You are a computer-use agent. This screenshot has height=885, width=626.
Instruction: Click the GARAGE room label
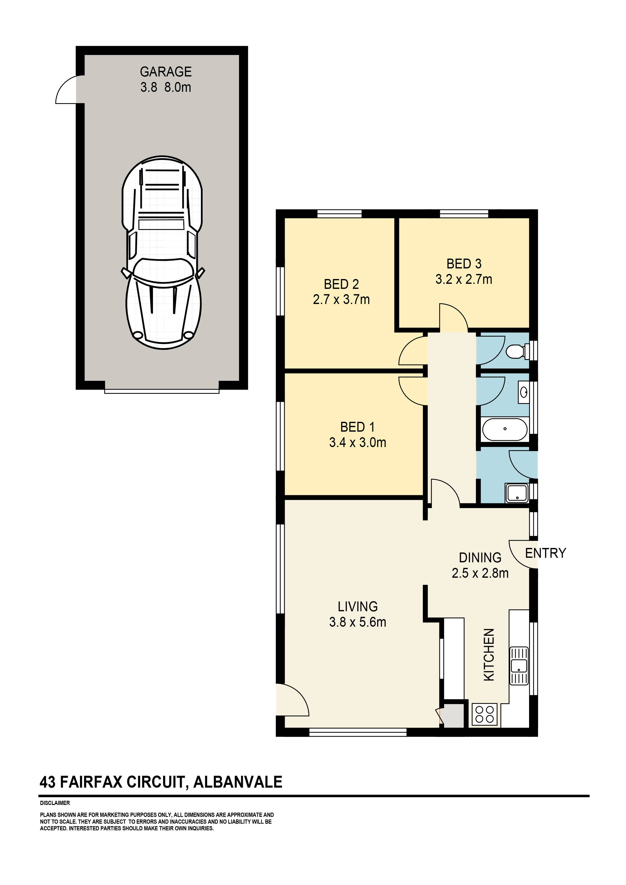click(x=166, y=72)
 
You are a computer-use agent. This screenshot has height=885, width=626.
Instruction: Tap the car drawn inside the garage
click(x=162, y=253)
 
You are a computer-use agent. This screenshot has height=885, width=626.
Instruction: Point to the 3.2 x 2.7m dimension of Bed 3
click(x=464, y=279)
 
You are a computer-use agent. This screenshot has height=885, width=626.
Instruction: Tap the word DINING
click(x=480, y=558)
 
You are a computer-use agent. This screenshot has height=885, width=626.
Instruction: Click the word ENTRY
click(x=545, y=553)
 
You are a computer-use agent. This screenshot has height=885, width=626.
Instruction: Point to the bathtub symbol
click(x=505, y=429)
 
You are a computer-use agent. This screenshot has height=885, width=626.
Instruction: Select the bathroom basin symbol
click(x=524, y=392)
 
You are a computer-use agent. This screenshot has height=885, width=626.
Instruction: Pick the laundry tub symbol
click(x=517, y=494)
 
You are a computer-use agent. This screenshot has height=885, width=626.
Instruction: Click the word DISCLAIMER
click(x=55, y=803)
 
